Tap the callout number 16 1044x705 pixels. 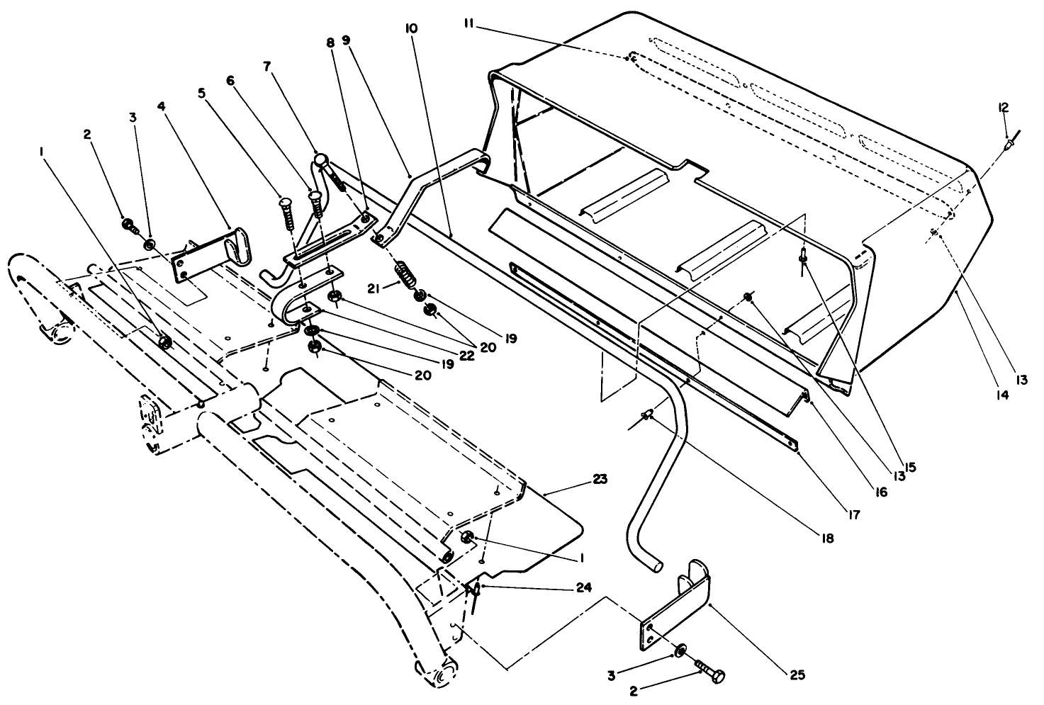pyautogui.click(x=880, y=490)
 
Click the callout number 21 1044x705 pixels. pyautogui.click(x=375, y=288)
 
